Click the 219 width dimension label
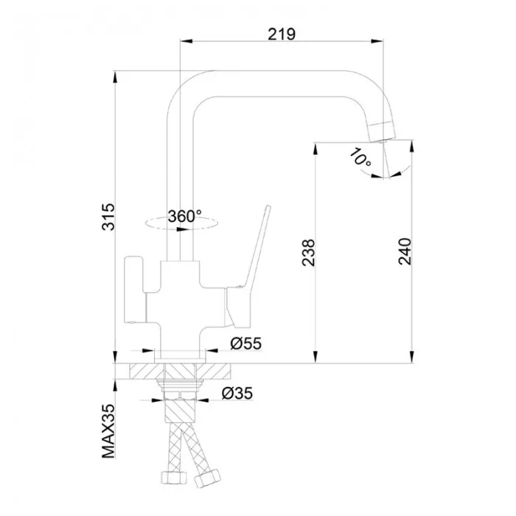(282, 34)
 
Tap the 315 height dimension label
(108, 217)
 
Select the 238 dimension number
(308, 252)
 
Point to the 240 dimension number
(405, 251)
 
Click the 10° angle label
(360, 157)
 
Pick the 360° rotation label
(184, 216)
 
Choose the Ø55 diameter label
(245, 344)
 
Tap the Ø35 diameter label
(237, 393)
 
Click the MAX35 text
(108, 430)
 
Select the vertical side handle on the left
(135, 289)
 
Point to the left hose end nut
(174, 478)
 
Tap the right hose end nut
(207, 478)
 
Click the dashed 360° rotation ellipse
(181, 223)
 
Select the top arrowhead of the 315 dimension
(115, 77)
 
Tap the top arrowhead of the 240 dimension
(412, 147)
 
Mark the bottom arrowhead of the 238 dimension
(315, 357)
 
